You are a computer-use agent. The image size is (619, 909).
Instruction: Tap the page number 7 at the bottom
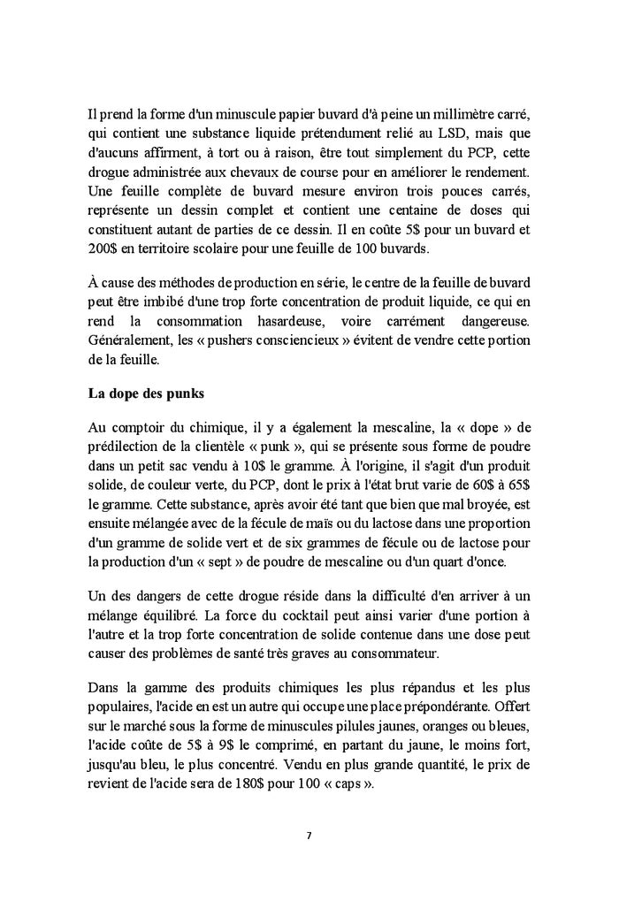[309, 835]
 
